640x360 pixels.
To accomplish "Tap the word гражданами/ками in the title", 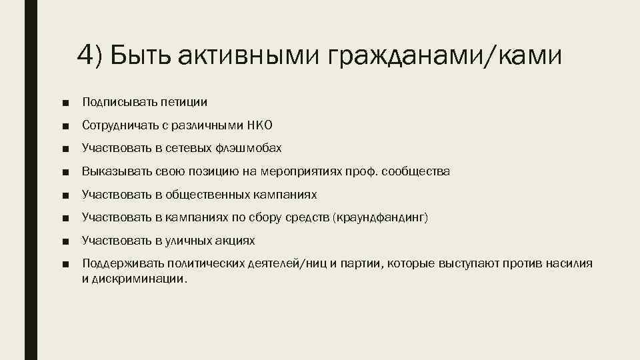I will click(x=444, y=56).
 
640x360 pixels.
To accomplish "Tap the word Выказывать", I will click(x=110, y=171).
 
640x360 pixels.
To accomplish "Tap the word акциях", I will click(x=239, y=241).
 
